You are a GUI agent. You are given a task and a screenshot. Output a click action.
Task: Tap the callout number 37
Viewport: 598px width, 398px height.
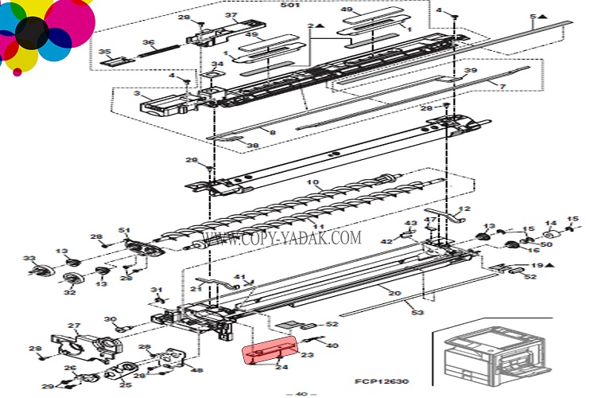click(231, 15)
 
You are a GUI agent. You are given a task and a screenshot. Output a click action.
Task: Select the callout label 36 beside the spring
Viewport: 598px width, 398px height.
click(148, 43)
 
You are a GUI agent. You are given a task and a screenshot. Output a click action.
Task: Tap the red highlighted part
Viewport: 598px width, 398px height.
click(270, 349)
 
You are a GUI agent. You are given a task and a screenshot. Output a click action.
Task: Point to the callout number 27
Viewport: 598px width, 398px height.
click(74, 326)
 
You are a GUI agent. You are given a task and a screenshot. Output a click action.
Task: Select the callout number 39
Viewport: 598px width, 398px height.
click(493, 71)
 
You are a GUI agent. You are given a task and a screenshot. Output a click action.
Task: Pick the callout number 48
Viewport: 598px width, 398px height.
click(197, 370)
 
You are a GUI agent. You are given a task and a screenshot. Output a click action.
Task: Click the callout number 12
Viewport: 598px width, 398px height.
click(465, 209)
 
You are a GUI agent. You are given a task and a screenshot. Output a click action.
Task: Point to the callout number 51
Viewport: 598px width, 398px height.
click(124, 231)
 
